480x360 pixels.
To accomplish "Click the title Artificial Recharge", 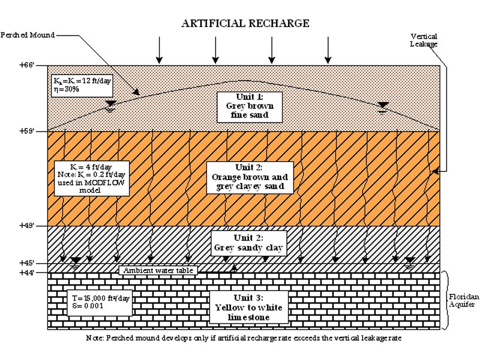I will [x=245, y=24].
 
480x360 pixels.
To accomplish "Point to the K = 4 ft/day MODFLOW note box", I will [x=84, y=178].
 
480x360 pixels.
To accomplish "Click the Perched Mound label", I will [x=28, y=35].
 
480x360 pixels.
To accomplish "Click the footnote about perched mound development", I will [x=243, y=339].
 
